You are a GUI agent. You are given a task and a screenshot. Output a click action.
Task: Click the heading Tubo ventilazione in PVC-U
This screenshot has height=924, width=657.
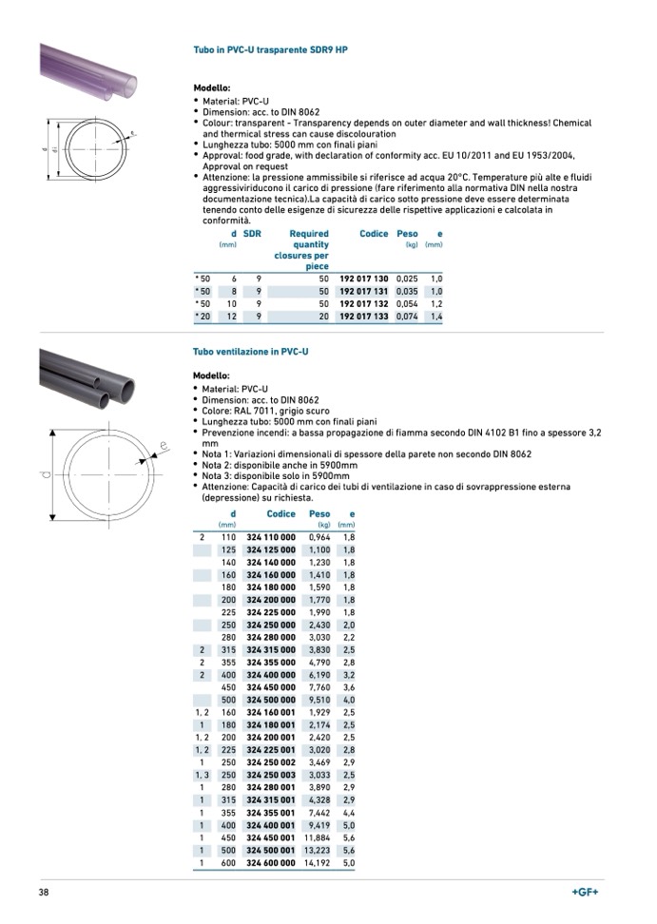point(251,352)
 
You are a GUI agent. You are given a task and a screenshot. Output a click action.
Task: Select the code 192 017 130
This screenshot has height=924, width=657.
point(364,279)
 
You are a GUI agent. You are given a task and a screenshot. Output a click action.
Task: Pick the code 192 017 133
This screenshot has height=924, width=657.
point(364,316)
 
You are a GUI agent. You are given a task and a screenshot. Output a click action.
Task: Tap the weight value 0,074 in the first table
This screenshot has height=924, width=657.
point(407,316)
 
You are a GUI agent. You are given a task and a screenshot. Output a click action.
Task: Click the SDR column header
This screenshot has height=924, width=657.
point(252,234)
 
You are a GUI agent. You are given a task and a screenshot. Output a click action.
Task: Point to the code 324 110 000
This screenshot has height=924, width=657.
point(271,537)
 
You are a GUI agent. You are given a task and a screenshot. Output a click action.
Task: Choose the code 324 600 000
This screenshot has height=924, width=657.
point(271,862)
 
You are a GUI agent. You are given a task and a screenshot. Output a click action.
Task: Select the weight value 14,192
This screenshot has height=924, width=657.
point(317,862)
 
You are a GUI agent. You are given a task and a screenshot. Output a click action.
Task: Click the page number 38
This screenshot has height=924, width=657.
point(44,893)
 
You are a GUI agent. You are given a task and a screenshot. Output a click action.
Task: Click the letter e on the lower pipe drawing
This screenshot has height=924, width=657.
point(164,445)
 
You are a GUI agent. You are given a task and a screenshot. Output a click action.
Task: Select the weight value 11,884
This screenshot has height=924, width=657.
point(317,837)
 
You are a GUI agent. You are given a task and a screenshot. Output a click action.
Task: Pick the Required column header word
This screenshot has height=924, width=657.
point(309,234)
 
